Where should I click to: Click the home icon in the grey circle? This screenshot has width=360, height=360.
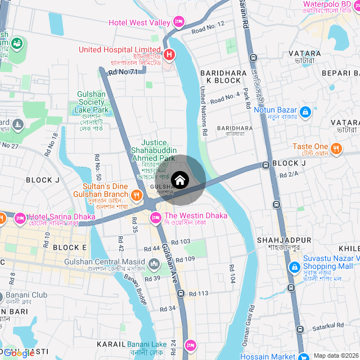(x=180, y=180)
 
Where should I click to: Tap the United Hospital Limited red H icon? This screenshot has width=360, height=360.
(x=169, y=56)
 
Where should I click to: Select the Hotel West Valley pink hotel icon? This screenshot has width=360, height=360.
(x=179, y=22)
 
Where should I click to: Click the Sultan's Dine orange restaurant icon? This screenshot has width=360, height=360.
(x=136, y=195)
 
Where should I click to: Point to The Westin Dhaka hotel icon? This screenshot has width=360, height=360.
(x=156, y=217)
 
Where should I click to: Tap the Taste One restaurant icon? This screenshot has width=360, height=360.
(x=336, y=148)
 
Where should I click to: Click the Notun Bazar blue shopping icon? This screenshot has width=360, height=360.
(x=305, y=112)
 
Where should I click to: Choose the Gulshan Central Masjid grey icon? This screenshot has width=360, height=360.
(x=154, y=263)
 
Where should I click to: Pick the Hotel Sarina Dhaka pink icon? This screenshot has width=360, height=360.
(x=20, y=217)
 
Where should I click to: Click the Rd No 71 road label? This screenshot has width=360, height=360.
(x=123, y=72)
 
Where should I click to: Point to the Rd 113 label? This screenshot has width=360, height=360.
(x=199, y=293)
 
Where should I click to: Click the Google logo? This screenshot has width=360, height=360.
(x=19, y=353)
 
